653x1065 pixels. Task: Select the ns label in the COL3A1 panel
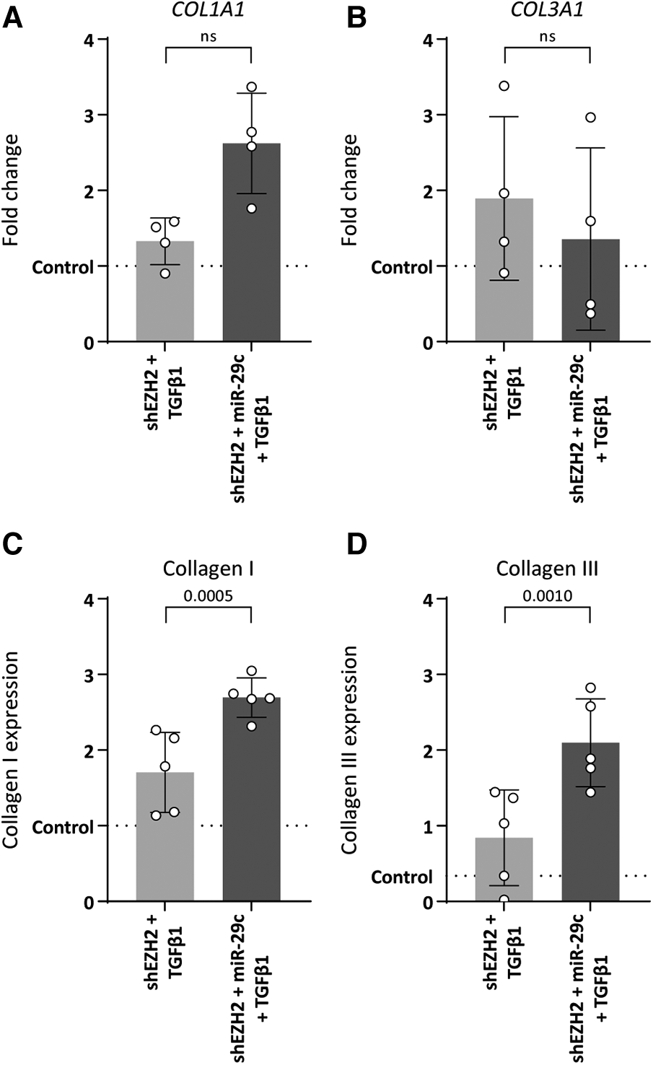546,38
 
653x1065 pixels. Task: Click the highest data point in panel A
251,87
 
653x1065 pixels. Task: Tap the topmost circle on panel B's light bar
504,87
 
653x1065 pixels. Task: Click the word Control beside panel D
402,878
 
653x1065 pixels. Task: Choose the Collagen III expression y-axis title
349,750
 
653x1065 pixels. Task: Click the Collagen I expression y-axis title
12,750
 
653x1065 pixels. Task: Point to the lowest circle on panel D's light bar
504,900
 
